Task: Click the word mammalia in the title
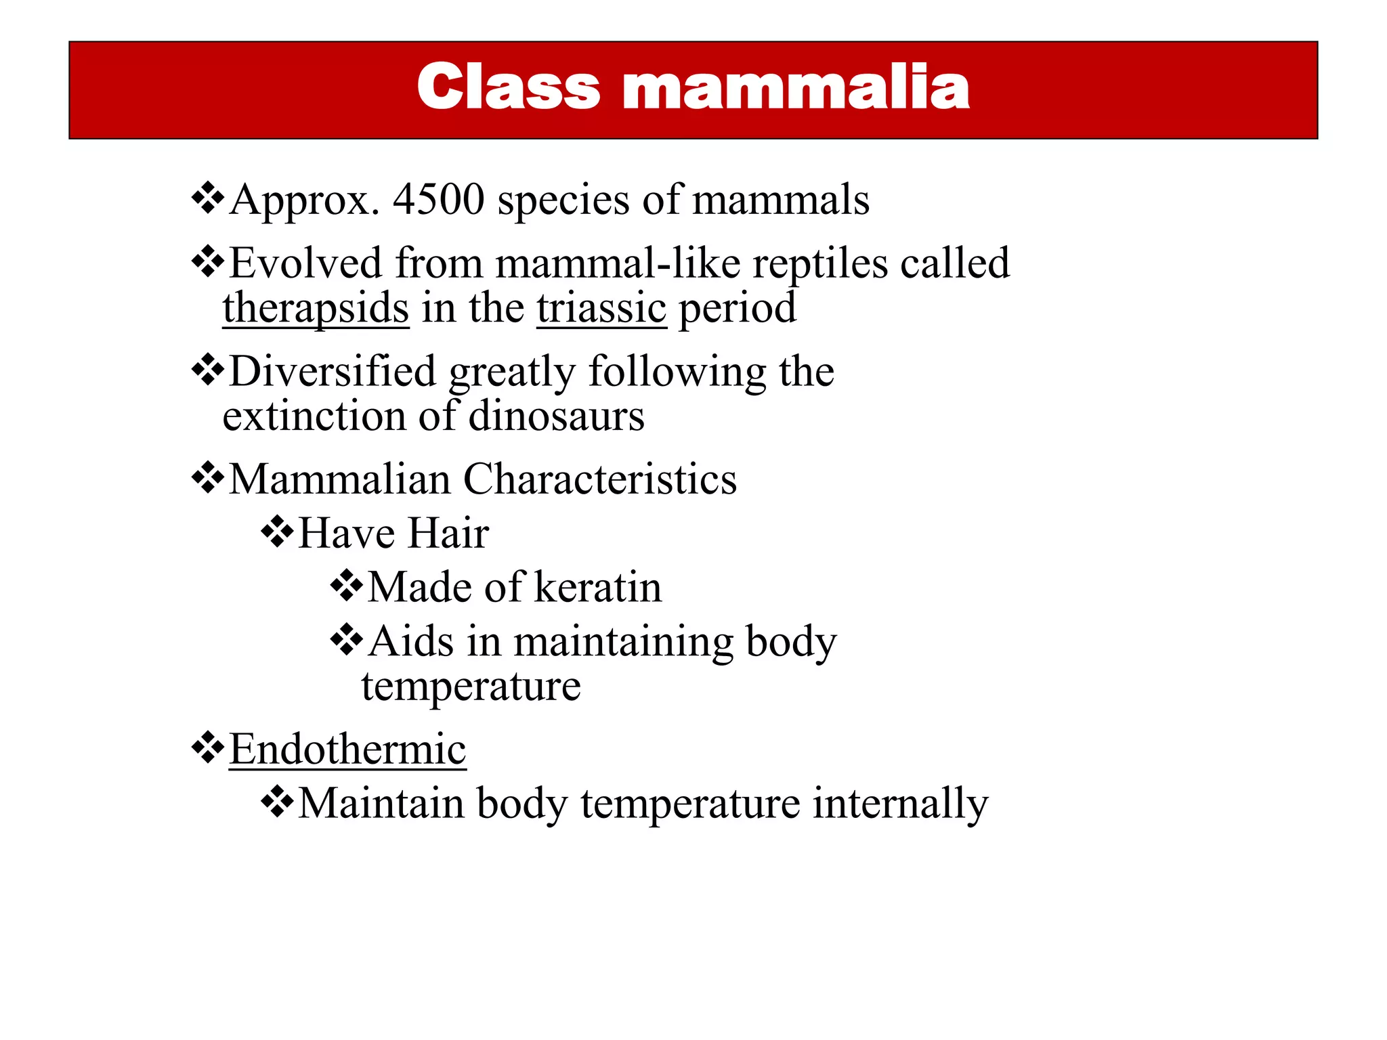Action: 796,88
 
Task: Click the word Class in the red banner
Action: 509,88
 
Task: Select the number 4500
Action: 439,200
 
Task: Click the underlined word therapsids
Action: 316,309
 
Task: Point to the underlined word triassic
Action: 601,309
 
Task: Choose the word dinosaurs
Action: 556,416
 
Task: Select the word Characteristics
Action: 599,479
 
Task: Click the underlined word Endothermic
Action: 347,750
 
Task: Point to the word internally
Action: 900,804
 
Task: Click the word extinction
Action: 314,416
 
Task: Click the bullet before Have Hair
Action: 277,532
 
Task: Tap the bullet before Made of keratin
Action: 347,586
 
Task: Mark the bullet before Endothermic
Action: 208,748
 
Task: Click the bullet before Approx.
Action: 208,199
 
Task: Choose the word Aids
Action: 410,641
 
